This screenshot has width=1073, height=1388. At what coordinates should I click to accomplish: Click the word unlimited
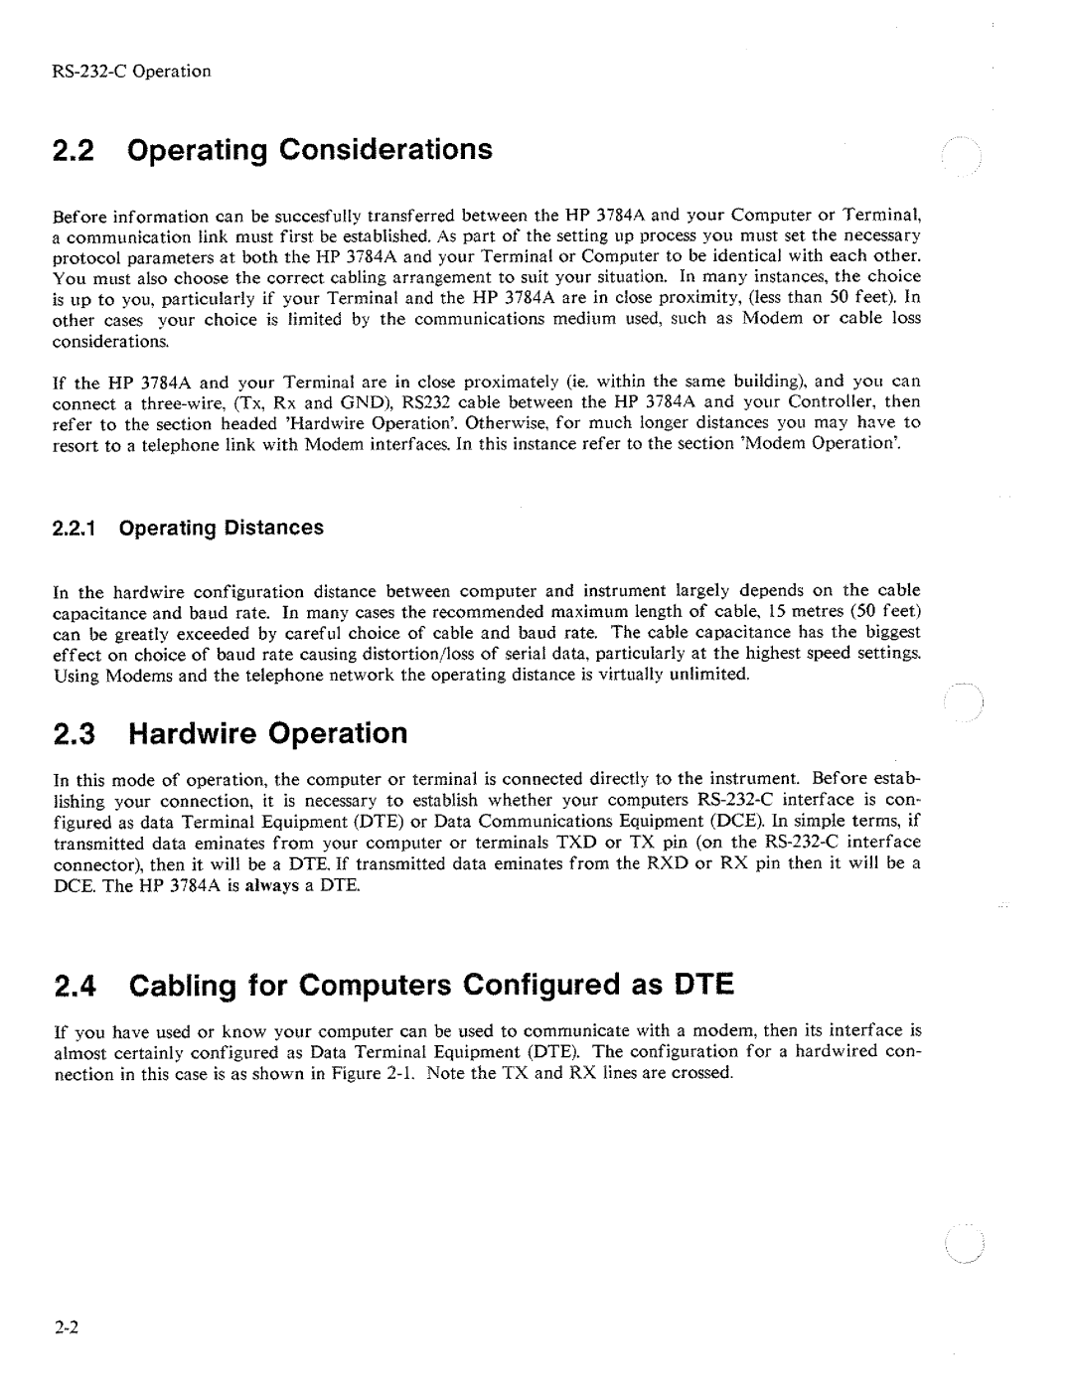[713, 675]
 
